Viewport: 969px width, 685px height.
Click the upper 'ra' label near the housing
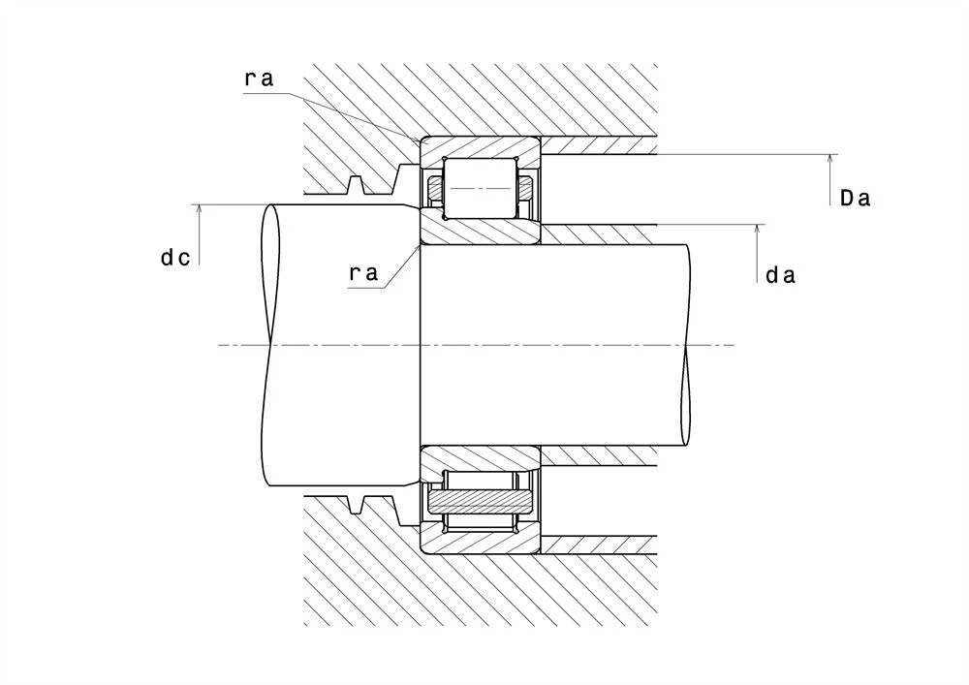click(x=259, y=78)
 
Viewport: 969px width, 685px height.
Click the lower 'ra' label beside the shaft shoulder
click(x=363, y=272)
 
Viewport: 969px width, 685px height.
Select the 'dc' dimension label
click(x=175, y=257)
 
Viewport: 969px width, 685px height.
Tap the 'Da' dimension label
click(x=856, y=199)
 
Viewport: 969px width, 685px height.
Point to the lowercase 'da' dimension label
click(x=780, y=275)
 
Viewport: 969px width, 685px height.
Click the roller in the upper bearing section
click(x=481, y=188)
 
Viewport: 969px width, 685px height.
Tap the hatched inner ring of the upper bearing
click(x=481, y=233)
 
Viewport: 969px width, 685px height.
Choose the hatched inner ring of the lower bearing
click(x=481, y=458)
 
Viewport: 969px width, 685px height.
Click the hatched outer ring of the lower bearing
click(x=481, y=542)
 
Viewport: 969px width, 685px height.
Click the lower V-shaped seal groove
click(x=355, y=504)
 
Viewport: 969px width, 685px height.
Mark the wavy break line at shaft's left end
click(x=270, y=345)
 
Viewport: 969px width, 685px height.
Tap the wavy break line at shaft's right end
click(x=686, y=345)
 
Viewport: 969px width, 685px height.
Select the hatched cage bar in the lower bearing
click(x=481, y=501)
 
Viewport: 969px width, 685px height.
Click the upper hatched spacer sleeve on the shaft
click(x=598, y=234)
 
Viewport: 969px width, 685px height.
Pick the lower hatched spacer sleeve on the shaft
click(x=598, y=455)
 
